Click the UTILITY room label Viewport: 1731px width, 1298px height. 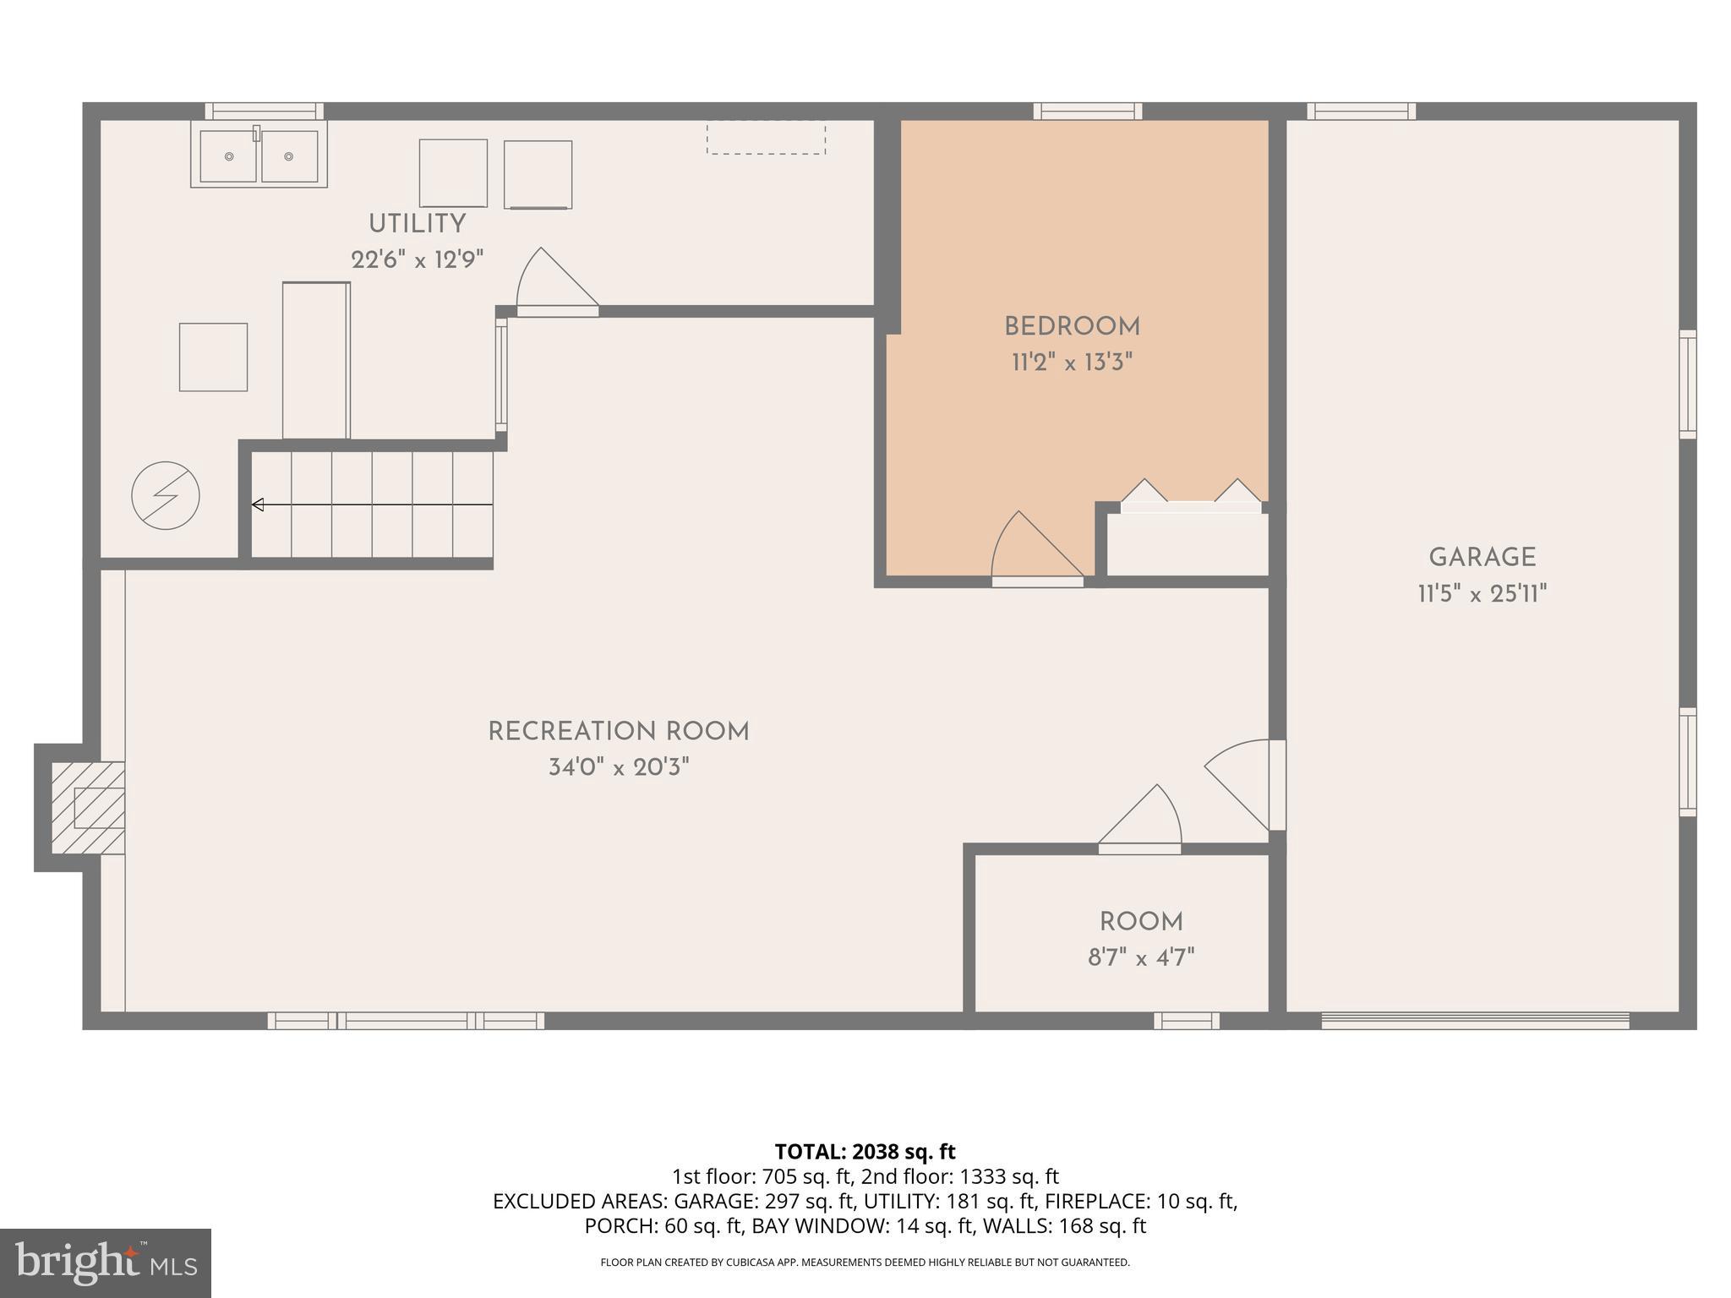[x=417, y=224]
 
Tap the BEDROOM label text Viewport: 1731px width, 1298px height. [x=1072, y=326]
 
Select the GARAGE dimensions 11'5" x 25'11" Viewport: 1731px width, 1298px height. [x=1482, y=594]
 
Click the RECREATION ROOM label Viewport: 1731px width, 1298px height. [x=619, y=732]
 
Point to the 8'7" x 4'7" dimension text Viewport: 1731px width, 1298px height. [x=1140, y=958]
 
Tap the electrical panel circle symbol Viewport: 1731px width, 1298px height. [x=166, y=496]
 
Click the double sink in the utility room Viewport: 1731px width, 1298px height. [x=259, y=155]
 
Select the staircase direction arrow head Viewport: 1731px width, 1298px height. [x=258, y=505]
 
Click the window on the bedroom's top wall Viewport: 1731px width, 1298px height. [x=1087, y=111]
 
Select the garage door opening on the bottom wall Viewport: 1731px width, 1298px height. [x=1475, y=1021]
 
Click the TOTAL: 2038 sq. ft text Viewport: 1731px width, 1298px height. [x=865, y=1152]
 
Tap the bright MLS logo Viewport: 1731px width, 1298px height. [x=105, y=1263]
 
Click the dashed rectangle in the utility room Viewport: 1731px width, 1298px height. [x=766, y=137]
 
